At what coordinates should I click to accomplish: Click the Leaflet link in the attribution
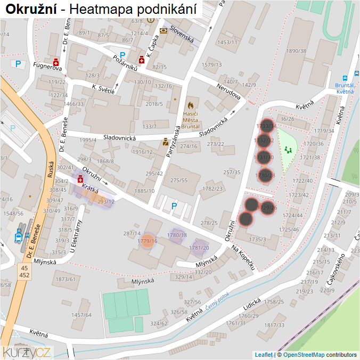click(x=263, y=355)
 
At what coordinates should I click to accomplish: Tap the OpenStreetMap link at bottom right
click(x=304, y=355)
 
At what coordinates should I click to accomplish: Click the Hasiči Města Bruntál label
click(x=191, y=120)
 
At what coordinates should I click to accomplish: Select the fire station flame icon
click(x=191, y=105)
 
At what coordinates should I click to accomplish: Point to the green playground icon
click(x=289, y=150)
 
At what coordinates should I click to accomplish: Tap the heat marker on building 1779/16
click(x=148, y=241)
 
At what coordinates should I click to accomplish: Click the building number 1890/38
click(x=296, y=51)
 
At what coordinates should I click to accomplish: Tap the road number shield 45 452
click(x=24, y=272)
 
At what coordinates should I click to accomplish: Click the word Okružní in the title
click(x=30, y=9)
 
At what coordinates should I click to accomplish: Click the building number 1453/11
click(x=227, y=42)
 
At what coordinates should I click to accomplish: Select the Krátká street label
click(x=90, y=191)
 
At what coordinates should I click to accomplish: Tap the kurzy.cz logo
click(x=27, y=352)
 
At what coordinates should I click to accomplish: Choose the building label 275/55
click(x=179, y=181)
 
